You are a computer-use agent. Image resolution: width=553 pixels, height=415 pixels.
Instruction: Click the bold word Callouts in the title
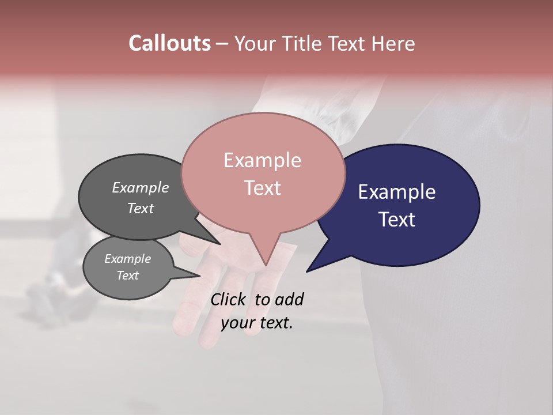tap(169, 43)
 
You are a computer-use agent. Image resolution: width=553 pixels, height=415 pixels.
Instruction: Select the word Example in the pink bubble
tap(262, 160)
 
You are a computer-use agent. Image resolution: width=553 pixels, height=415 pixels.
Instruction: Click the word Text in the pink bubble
tap(262, 188)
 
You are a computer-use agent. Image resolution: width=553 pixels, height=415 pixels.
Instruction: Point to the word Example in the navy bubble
tap(397, 192)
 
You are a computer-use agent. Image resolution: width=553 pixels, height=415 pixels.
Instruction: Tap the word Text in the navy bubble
tap(397, 220)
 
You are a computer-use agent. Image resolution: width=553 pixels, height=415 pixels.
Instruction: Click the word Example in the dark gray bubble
tap(141, 188)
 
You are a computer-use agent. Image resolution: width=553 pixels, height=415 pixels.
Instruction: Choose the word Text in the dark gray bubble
tap(141, 208)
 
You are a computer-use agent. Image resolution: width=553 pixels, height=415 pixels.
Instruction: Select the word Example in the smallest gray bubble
tap(127, 259)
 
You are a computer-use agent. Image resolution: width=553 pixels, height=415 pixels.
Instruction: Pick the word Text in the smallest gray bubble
tap(127, 276)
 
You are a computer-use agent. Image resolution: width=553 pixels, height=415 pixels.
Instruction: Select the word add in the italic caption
tap(289, 299)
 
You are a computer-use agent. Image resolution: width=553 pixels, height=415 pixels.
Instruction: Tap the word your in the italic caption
tap(236, 323)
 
